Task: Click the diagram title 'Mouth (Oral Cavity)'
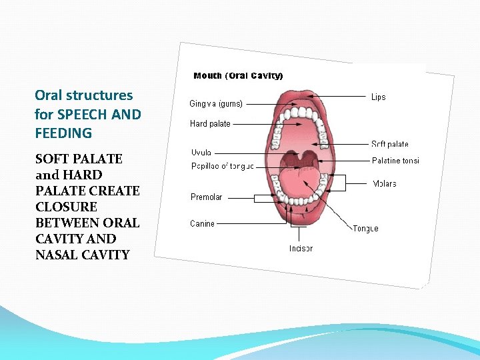(x=238, y=76)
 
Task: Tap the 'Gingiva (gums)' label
(x=216, y=104)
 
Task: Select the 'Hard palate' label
(x=210, y=123)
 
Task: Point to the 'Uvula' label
(x=201, y=152)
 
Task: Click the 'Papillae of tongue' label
(x=222, y=166)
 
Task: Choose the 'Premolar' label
(x=207, y=197)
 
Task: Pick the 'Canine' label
(x=202, y=223)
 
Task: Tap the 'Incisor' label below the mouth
(x=301, y=248)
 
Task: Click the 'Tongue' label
(x=365, y=229)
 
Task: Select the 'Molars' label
(x=385, y=183)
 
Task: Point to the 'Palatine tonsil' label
(x=395, y=160)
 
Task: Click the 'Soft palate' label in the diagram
(x=389, y=144)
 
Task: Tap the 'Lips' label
(x=378, y=97)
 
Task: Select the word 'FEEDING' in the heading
(x=63, y=133)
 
